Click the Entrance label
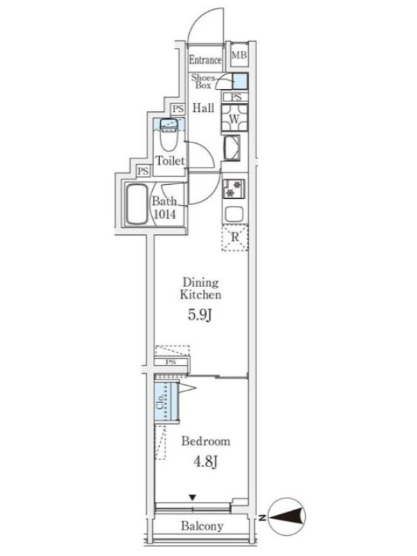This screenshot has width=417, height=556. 205,60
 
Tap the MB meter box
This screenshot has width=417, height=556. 239,55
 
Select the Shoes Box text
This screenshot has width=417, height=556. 203,81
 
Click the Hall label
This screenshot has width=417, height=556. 203,108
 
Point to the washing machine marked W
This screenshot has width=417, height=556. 234,119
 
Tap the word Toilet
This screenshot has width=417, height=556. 170,161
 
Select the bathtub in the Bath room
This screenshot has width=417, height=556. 136,204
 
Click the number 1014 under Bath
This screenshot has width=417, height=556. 165,214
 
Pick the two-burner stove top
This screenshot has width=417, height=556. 234,188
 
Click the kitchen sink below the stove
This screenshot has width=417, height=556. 234,214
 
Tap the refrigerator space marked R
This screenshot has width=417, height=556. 235,238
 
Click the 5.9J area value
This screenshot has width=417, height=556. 199,315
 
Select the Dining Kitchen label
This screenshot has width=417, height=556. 200,288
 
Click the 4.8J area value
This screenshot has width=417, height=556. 205,461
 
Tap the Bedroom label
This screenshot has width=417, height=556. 206,441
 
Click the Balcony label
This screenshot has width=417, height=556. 202,525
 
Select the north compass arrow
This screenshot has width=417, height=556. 287,516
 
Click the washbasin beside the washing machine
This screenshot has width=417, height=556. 232,148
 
